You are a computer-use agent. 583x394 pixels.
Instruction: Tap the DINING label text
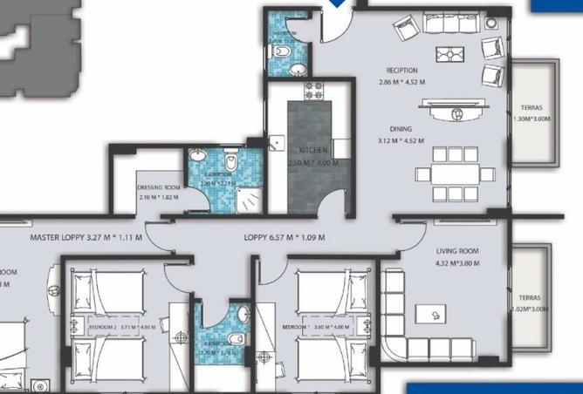point(401,129)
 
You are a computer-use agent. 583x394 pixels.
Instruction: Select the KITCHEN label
point(312,150)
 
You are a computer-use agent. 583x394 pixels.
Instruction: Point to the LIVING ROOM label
point(458,251)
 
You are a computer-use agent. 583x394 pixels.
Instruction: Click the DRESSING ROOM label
point(159,187)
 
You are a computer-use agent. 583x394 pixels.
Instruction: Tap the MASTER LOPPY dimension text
point(86,236)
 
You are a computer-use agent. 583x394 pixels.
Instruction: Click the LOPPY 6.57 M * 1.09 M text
point(285,236)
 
